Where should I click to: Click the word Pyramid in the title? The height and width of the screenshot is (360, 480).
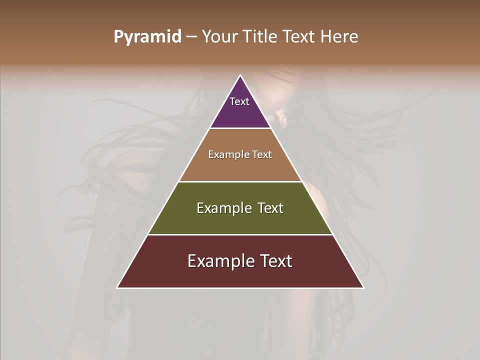147,37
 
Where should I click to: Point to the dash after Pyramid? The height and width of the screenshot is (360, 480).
191,37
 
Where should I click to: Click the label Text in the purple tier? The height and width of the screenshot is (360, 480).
239,101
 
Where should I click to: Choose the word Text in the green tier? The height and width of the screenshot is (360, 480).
271,208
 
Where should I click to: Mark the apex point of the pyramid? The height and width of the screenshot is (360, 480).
240,76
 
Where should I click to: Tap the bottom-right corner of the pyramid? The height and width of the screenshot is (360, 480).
363,287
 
